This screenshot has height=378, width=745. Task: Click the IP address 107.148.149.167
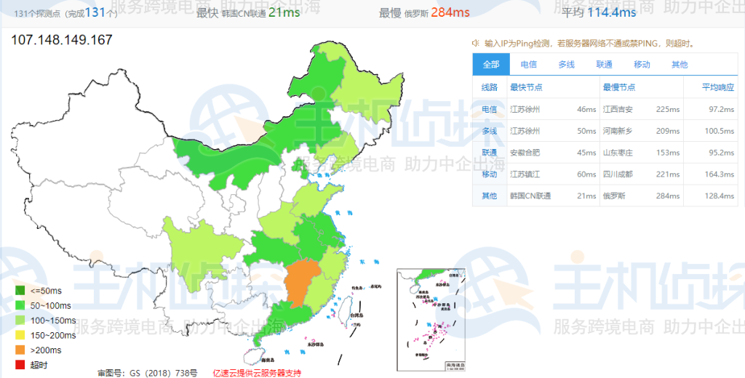point(62,39)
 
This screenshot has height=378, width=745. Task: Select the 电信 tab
point(529,65)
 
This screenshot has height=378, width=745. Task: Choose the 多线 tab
point(566,65)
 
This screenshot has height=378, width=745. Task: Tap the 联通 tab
point(604,65)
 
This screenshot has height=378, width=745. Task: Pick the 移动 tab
point(642,65)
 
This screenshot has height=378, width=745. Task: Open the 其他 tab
point(680,65)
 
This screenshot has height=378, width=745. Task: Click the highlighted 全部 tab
point(491,65)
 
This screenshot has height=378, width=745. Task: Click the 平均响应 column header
point(717,87)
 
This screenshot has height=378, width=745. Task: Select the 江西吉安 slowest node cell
point(618,109)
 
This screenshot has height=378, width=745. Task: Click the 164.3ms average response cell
point(720,174)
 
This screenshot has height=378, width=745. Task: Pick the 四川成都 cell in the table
point(618,174)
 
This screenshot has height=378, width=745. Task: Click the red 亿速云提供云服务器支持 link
point(257,373)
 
